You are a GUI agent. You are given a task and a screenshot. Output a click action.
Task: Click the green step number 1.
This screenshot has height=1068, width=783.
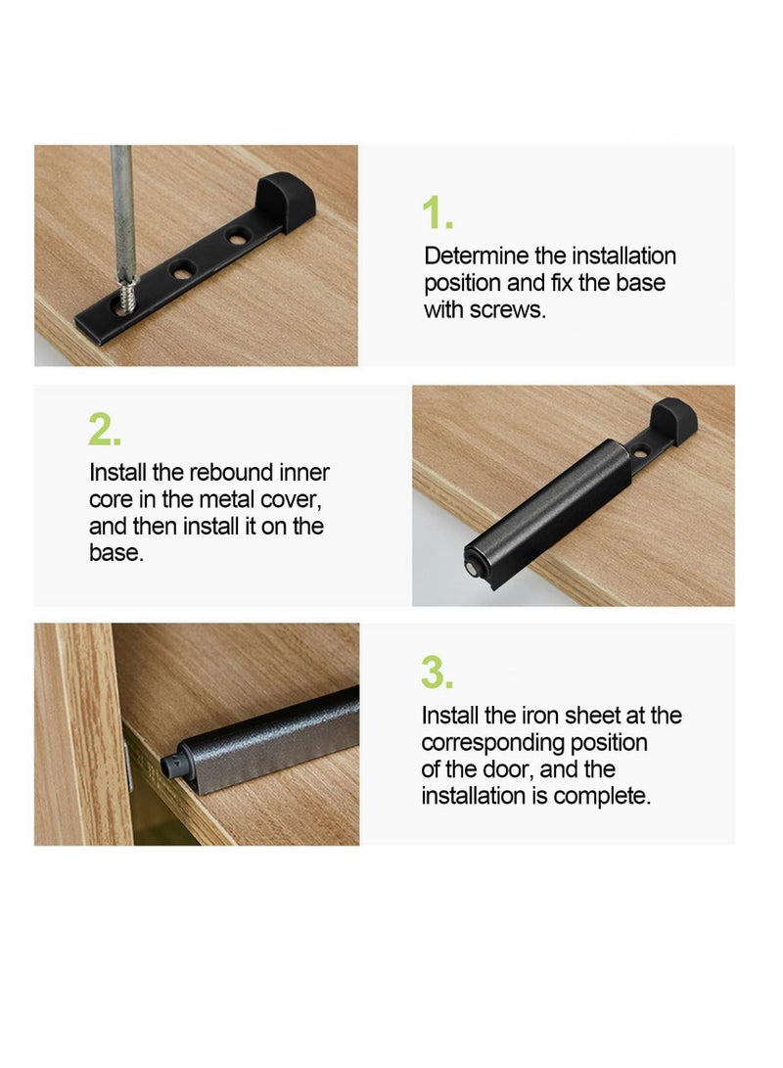436,213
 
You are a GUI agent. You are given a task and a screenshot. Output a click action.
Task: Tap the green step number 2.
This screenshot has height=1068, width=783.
104,430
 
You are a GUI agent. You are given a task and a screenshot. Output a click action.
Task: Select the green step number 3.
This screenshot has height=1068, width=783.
437,673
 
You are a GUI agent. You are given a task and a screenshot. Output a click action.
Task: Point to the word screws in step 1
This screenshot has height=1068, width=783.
510,310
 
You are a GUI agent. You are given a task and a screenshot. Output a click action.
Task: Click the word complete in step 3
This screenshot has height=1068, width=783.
600,796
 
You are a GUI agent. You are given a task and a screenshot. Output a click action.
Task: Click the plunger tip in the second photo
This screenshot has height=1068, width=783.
473,565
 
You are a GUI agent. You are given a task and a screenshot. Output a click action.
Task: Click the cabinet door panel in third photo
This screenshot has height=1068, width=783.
78,734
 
